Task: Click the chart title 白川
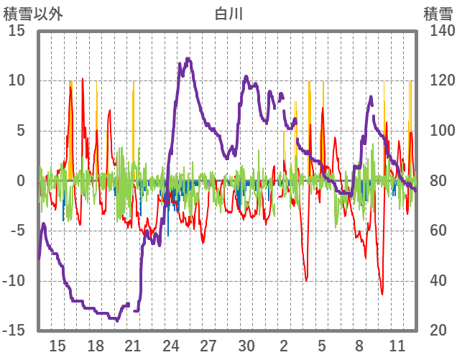click(228, 14)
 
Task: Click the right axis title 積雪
click(437, 14)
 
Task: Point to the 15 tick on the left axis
click(17, 31)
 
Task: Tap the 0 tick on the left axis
click(21, 181)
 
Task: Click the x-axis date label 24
click(171, 346)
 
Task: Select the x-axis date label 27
click(208, 346)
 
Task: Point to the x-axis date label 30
click(246, 346)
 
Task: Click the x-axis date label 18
click(96, 346)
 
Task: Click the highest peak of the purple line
click(188, 60)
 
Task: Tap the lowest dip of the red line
click(382, 293)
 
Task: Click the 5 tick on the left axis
click(21, 131)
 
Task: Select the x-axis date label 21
click(133, 346)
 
